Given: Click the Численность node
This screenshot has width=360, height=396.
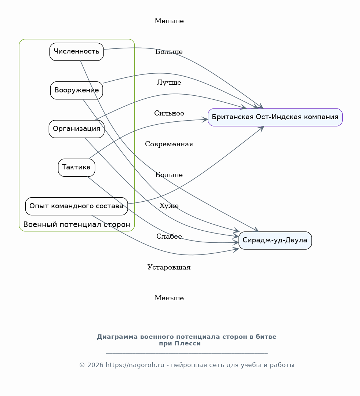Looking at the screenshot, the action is pyautogui.click(x=77, y=52).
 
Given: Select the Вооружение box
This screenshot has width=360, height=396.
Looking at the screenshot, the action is pyautogui.click(x=77, y=91).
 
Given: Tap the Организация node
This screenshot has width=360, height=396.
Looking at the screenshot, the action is pyautogui.click(x=77, y=129).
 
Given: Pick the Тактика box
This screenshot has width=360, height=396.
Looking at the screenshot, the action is pyautogui.click(x=77, y=168).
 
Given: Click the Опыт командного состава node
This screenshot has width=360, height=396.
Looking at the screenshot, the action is pyautogui.click(x=77, y=206).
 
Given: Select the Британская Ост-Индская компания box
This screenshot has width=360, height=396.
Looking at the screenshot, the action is pyautogui.click(x=275, y=117).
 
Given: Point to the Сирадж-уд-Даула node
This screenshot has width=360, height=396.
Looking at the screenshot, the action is pyautogui.click(x=275, y=241).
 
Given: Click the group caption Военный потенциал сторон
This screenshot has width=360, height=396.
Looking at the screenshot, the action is pyautogui.click(x=77, y=224).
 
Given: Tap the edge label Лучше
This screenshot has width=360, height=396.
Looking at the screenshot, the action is pyautogui.click(x=169, y=82).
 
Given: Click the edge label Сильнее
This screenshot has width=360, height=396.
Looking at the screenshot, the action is pyautogui.click(x=169, y=113).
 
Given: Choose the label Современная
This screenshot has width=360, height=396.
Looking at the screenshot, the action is pyautogui.click(x=169, y=144).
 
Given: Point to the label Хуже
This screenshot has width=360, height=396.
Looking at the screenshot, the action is pyautogui.click(x=169, y=206).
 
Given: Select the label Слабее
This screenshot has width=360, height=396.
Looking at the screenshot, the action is pyautogui.click(x=169, y=236).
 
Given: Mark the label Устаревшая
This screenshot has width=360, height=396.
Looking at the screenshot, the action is pyautogui.click(x=169, y=267).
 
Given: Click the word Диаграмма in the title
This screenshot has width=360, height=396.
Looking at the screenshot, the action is pyautogui.click(x=117, y=337).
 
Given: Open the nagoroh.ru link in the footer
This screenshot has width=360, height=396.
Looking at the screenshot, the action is pyautogui.click(x=135, y=365).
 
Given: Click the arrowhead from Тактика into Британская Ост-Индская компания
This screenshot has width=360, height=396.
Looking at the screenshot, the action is pyautogui.click(x=205, y=120).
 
